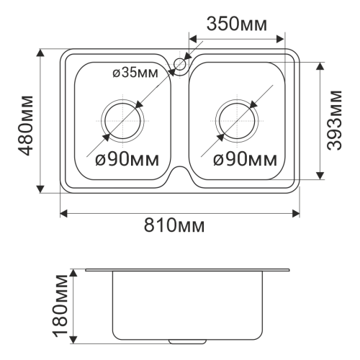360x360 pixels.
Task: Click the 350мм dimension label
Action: point(237,23)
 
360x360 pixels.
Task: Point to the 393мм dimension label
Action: point(333,120)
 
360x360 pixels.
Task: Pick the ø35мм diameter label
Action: point(135,73)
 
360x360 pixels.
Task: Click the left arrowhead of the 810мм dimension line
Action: point(63,212)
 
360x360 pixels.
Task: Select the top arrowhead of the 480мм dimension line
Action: point(41,53)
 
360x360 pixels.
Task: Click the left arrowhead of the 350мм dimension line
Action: point(191,35)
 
